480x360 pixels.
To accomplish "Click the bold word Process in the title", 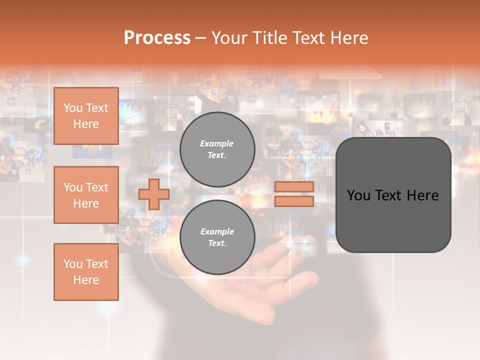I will (x=157, y=38).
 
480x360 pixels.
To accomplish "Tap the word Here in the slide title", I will (x=348, y=38).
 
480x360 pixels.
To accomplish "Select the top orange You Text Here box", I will (x=86, y=116).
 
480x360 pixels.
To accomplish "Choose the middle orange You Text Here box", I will (x=86, y=195).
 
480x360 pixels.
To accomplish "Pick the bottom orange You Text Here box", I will (x=86, y=271).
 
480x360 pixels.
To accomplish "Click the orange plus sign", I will (x=154, y=194).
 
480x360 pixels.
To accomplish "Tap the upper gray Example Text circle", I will (x=217, y=149).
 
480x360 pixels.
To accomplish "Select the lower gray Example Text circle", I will (x=217, y=237).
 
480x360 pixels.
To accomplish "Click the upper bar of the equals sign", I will (x=294, y=186).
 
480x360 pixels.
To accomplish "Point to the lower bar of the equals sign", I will (x=294, y=201).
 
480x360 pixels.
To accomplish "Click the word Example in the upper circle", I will (x=217, y=143).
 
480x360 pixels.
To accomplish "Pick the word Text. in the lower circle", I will (x=217, y=243).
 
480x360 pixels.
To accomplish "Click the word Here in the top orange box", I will (x=86, y=124).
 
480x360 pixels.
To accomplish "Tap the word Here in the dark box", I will (x=422, y=195).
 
